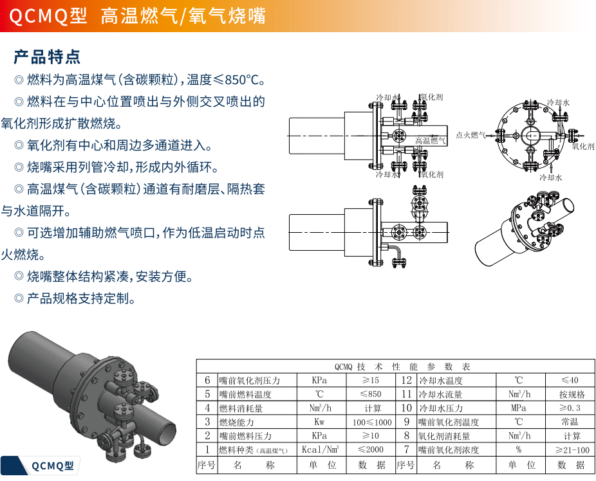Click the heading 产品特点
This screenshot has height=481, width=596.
[47, 57]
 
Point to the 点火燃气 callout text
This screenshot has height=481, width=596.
[470, 135]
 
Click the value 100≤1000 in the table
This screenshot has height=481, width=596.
[372, 422]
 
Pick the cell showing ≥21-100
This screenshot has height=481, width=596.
[572, 450]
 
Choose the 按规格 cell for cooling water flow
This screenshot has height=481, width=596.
[572, 394]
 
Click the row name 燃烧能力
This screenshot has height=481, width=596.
[236, 422]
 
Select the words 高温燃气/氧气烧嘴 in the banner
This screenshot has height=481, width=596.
[183, 16]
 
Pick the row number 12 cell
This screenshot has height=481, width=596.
[405, 381]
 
